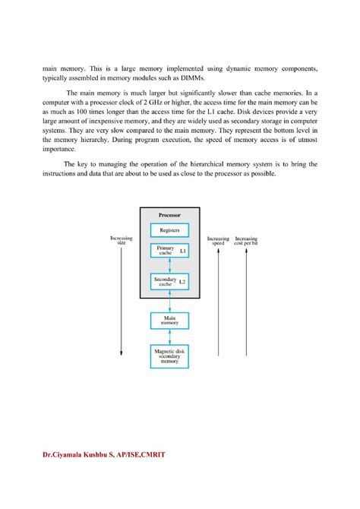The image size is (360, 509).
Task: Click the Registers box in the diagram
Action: (170, 229)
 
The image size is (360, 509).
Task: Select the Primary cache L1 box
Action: (170, 250)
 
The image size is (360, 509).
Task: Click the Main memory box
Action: (170, 321)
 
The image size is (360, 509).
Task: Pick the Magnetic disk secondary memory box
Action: (170, 356)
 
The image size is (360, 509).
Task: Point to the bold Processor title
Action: (170, 216)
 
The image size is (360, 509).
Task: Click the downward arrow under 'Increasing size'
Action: (122, 304)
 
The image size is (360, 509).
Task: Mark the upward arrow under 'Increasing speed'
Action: (218, 304)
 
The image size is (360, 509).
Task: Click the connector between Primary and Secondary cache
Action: (170, 265)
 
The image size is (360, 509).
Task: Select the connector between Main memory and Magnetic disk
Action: (170, 337)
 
